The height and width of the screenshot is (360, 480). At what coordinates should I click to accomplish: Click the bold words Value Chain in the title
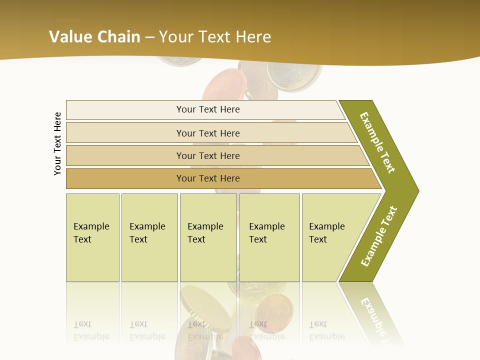94,37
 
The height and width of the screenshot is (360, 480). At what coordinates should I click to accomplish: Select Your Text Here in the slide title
215,37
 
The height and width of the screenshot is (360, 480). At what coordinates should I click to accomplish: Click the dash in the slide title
149,37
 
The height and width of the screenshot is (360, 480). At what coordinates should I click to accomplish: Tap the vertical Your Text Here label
57,143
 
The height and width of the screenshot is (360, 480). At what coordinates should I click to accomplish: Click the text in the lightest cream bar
208,109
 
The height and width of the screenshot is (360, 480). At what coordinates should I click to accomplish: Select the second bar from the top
208,133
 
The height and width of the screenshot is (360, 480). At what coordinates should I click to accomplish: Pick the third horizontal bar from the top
208,155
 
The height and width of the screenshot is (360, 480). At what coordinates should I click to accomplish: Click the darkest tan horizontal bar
208,178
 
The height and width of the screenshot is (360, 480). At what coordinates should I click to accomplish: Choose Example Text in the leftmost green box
91,233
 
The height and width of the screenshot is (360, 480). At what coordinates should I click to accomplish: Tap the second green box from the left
149,237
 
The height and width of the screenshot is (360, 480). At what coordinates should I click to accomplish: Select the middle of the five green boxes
208,237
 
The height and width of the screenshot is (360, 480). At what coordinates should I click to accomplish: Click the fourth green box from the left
269,237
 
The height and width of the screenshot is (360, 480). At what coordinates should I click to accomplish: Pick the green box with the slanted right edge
330,237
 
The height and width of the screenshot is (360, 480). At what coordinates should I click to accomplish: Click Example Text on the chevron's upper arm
377,142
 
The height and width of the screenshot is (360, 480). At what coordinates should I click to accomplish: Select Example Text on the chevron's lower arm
379,236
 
